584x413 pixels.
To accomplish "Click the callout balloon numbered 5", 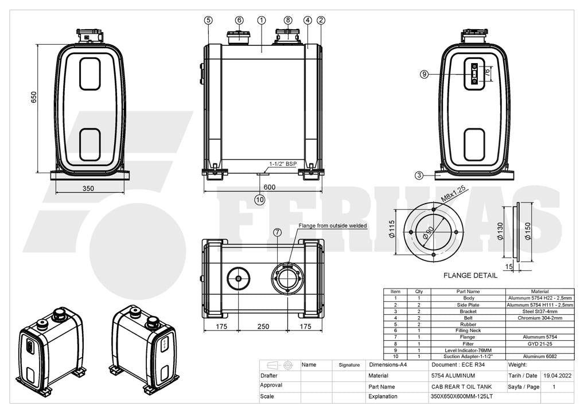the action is pyautogui.click(x=209, y=20).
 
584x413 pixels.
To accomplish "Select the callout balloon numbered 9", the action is pyautogui.click(x=424, y=75).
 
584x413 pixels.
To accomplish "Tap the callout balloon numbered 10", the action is pyautogui.click(x=260, y=200).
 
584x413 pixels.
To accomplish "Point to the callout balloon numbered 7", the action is pyautogui.click(x=278, y=232).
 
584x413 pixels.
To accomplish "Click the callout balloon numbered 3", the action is pyautogui.click(x=419, y=175).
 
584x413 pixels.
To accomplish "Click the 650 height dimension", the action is pyautogui.click(x=34, y=97).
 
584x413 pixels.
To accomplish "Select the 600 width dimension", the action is pyautogui.click(x=269, y=187).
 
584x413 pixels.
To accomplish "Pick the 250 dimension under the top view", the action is pyautogui.click(x=263, y=326).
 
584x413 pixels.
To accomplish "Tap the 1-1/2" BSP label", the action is pyautogui.click(x=283, y=164).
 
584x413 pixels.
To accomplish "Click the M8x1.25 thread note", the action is pyautogui.click(x=454, y=194).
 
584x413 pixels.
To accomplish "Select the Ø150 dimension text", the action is pyautogui.click(x=527, y=231).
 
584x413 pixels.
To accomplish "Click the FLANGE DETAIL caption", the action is pyautogui.click(x=470, y=275).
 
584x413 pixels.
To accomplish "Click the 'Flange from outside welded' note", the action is pyautogui.click(x=333, y=225).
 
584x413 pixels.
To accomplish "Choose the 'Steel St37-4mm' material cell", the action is pyautogui.click(x=540, y=311).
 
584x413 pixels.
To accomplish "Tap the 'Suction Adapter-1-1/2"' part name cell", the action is pyautogui.click(x=468, y=356).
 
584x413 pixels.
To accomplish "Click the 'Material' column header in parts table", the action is pyautogui.click(x=540, y=291).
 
